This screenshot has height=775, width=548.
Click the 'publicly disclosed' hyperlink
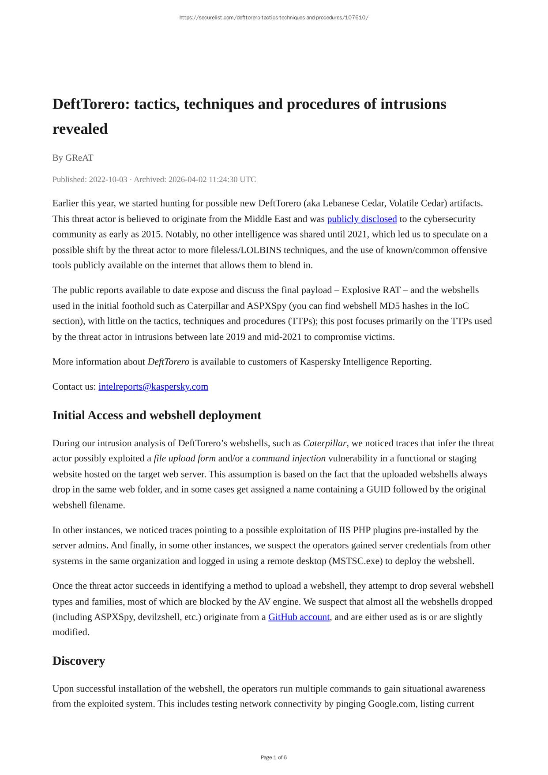click(362, 219)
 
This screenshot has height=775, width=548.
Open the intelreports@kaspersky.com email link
click(153, 387)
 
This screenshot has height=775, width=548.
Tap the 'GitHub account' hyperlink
click(299, 617)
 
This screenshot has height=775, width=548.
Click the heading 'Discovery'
click(79, 661)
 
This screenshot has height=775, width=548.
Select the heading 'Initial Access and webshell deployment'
click(157, 415)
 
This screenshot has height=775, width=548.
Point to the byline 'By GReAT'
click(73, 158)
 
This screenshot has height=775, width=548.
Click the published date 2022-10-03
click(108, 180)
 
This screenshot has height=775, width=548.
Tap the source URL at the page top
click(274, 18)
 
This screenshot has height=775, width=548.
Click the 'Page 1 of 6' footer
click(274, 757)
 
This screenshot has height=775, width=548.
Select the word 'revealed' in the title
click(80, 129)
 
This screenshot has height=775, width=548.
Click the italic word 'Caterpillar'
click(325, 443)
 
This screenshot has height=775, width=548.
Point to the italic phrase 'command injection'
click(289, 459)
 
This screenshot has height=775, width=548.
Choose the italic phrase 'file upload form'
click(184, 459)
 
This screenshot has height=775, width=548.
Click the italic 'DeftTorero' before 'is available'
click(168, 362)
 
